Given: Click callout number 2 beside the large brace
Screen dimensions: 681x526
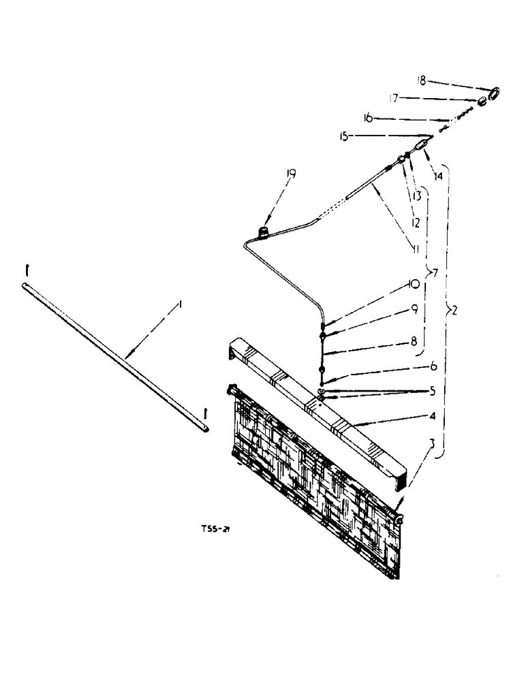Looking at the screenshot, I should pyautogui.click(x=453, y=311).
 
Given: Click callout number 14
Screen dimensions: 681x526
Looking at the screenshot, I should pyautogui.click(x=437, y=175).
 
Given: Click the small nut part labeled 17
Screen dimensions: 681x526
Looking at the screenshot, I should pyautogui.click(x=482, y=102).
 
